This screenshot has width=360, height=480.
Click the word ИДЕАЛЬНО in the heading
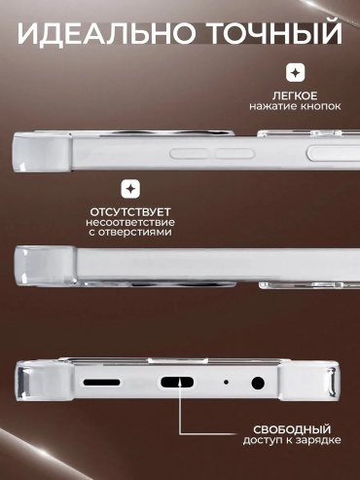point(106,33)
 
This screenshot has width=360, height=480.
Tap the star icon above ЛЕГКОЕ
point(295,72)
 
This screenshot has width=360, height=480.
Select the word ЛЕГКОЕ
point(295,96)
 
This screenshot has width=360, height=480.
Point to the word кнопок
point(320,106)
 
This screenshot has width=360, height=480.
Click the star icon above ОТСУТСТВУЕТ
point(130,189)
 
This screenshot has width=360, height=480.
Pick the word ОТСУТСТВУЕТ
point(130,212)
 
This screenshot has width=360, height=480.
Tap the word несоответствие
point(130,223)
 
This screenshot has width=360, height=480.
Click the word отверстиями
point(134,233)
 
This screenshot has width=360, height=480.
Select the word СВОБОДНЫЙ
point(292,429)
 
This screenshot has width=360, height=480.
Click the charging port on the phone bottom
point(177,383)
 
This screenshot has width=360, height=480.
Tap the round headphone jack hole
point(258,383)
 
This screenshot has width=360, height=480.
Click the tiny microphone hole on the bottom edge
point(226,383)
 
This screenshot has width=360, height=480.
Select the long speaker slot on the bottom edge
point(102,383)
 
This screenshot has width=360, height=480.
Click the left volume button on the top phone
point(190,154)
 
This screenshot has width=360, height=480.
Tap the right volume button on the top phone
point(235,154)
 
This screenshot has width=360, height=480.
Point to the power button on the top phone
point(334,154)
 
